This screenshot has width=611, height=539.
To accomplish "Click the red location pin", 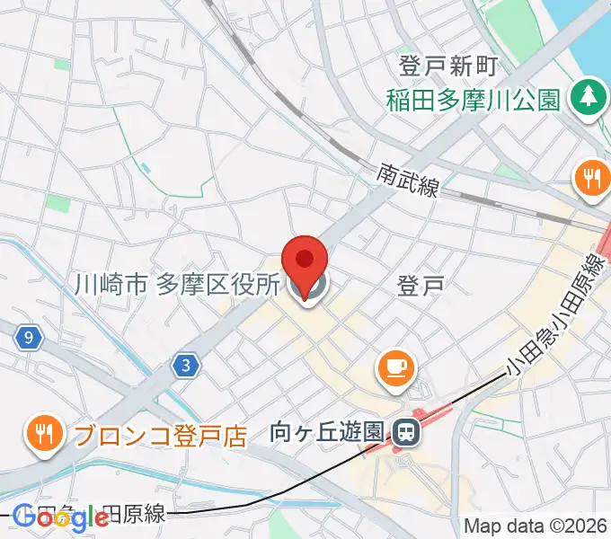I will pyautogui.click(x=305, y=261).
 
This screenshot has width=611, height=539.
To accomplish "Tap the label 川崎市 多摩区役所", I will pyautogui.click(x=176, y=286).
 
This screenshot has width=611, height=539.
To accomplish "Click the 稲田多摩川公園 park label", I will pyautogui.click(x=474, y=98).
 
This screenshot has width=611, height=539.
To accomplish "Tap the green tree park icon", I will pyautogui.click(x=589, y=95).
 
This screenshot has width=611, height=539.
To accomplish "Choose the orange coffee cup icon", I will pyautogui.click(x=395, y=367).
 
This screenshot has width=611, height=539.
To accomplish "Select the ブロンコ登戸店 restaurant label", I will pyautogui.click(x=160, y=436).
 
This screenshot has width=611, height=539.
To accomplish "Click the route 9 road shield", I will pyautogui.click(x=31, y=338).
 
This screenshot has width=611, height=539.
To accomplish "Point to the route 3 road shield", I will pyautogui.click(x=185, y=365).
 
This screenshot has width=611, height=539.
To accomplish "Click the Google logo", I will pyautogui.click(x=61, y=517).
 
